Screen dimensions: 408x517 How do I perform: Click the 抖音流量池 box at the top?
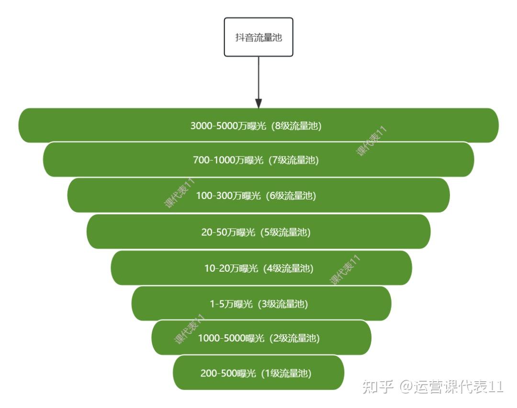click(x=258, y=37)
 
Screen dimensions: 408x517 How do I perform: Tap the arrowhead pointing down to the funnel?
click(x=258, y=103)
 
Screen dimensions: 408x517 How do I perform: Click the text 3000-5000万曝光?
click(x=229, y=126)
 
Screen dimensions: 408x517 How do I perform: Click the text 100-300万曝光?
click(x=228, y=196)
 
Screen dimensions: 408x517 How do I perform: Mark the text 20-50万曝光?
click(x=228, y=233)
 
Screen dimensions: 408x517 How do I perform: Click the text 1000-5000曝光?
click(x=231, y=339)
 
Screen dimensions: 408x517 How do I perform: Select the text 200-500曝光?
click(x=228, y=374)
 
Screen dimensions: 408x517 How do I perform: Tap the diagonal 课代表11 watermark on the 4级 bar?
click(x=345, y=270)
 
